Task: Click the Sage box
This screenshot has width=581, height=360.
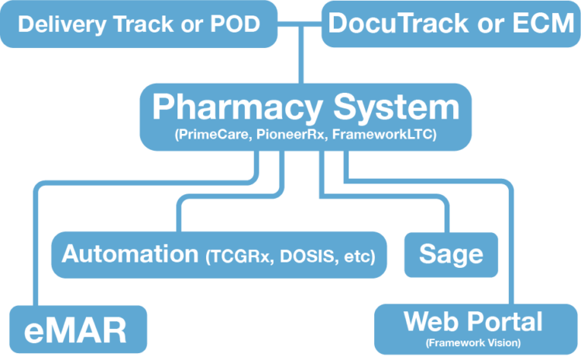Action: tap(451, 255)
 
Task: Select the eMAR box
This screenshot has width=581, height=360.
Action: tap(78, 329)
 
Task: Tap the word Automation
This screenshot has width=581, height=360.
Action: tap(130, 254)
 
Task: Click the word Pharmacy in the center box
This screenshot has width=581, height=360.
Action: tap(237, 107)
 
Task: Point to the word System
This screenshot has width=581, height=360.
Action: tap(397, 107)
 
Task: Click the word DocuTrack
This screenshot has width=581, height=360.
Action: tap(398, 23)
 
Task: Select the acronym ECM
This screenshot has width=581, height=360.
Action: tap(544, 23)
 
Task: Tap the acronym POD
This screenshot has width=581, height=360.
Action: tap(235, 24)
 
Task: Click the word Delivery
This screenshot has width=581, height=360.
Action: tap(62, 25)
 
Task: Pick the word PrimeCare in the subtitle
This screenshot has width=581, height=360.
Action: tap(214, 134)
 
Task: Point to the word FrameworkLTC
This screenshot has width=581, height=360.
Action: tap(384, 134)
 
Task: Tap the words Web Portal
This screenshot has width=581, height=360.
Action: tap(473, 321)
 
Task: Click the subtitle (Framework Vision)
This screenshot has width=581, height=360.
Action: tap(473, 343)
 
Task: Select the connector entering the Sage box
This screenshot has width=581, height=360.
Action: tap(385, 197)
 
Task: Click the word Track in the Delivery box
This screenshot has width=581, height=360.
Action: tap(143, 24)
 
